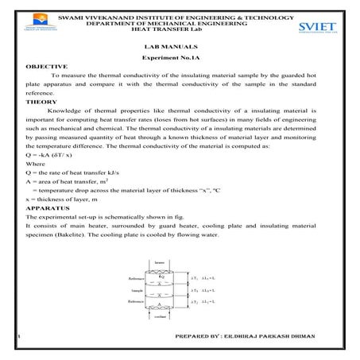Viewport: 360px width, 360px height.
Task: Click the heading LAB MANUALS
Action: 179,45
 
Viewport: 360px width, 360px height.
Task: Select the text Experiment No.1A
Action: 179,59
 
